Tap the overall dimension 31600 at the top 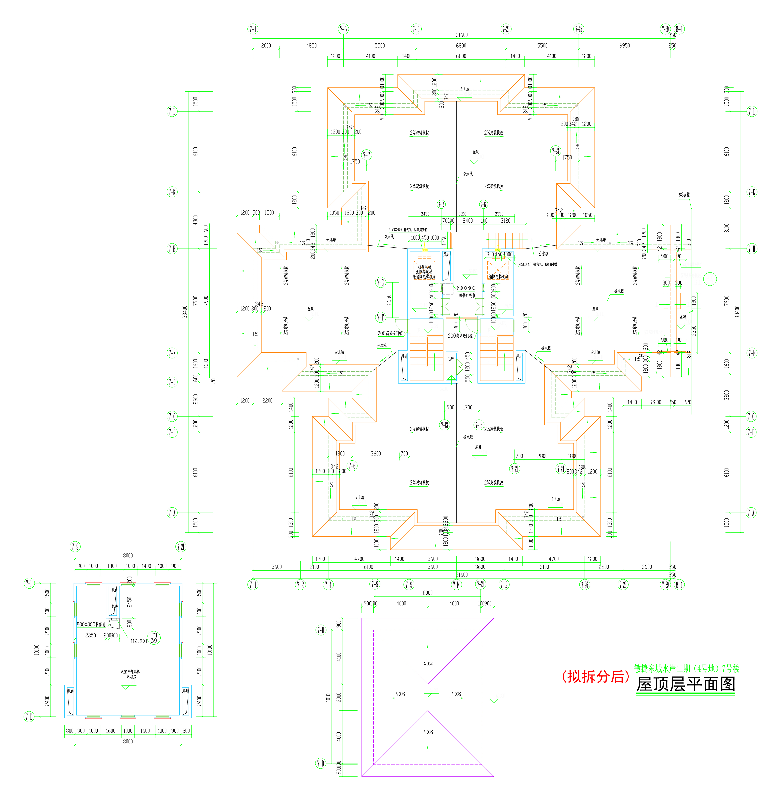tap(462, 35)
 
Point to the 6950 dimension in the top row tap(624, 46)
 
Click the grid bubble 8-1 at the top tap(679, 29)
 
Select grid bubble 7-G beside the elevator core tap(381, 282)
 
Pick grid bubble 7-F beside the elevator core tap(381, 317)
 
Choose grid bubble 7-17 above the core tap(484, 204)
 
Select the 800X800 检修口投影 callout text tap(466, 291)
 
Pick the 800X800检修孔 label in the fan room tap(91, 624)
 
